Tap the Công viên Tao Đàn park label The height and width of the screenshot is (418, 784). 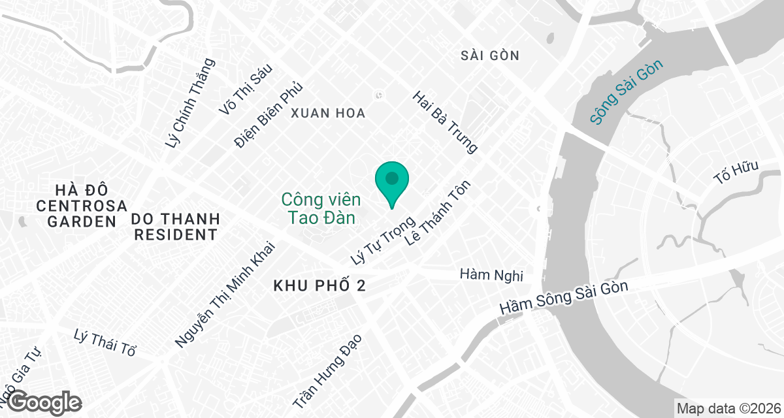pos(318,208)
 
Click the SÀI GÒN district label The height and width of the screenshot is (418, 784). pos(489,56)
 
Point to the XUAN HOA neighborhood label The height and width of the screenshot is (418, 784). pos(328,114)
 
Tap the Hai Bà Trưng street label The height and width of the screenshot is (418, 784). pos(445,122)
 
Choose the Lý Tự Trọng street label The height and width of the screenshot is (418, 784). pos(384,240)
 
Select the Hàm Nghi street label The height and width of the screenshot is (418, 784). pos(491,275)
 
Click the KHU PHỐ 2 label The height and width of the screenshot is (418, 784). pos(318,286)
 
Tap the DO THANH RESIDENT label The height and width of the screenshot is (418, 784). pos(176,226)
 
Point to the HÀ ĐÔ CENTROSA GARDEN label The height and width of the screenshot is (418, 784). pos(82,205)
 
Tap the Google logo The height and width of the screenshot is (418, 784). pos(45,401)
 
